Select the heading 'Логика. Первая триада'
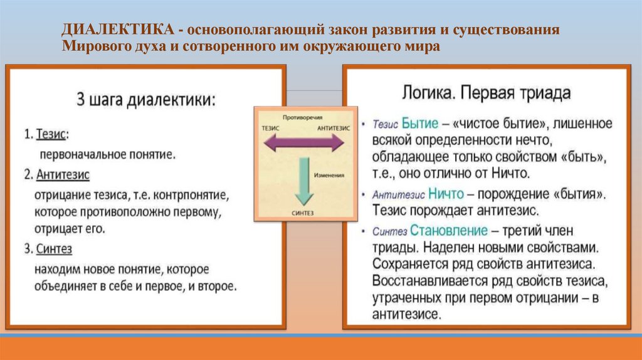click(x=486, y=93)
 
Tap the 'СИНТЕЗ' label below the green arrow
click(x=303, y=212)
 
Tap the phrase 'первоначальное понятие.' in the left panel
click(x=108, y=154)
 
